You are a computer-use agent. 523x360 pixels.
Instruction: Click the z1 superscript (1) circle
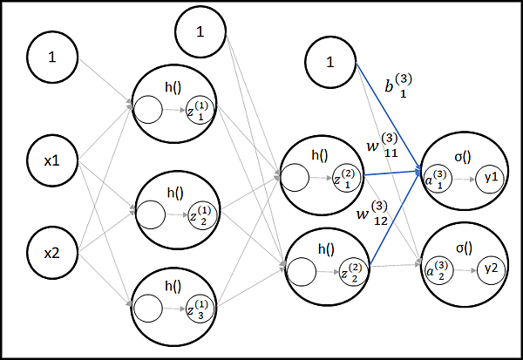click(x=200, y=111)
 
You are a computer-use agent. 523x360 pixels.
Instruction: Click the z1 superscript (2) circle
click(x=347, y=180)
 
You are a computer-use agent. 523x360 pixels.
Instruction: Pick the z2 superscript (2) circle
click(x=347, y=273)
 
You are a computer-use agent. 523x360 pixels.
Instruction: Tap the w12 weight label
click(x=372, y=213)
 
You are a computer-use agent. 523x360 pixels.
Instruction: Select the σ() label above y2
click(x=463, y=248)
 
